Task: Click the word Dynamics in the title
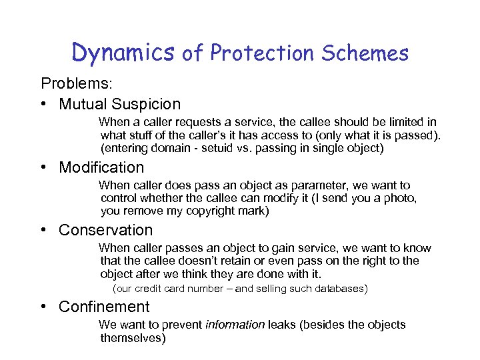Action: coord(123,52)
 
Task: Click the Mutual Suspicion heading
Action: coord(119,104)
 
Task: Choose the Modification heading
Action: coord(101,167)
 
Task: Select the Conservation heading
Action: coord(105,230)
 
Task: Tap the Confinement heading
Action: coord(104,307)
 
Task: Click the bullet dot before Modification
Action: coord(43,167)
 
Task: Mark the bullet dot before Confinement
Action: coord(43,307)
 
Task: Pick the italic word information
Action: coord(235,325)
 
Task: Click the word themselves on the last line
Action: coord(133,338)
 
